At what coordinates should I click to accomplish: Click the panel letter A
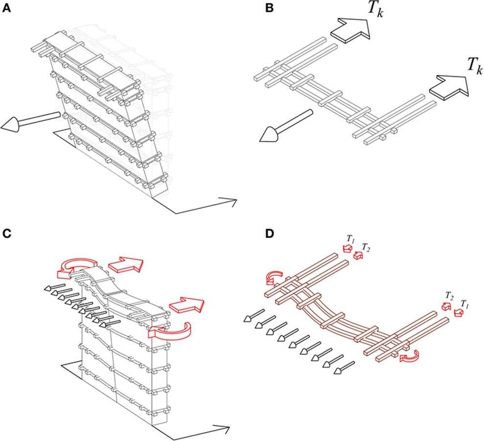coord(6,8)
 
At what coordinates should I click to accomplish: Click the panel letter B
coord(269,8)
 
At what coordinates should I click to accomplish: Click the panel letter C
coord(7,234)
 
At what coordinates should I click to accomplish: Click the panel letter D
coord(270,234)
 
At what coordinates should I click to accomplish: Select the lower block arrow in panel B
coord(449,87)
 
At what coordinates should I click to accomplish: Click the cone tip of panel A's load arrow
coord(1,126)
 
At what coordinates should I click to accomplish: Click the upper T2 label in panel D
coord(366,247)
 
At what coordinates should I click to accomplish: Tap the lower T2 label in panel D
coord(449,296)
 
